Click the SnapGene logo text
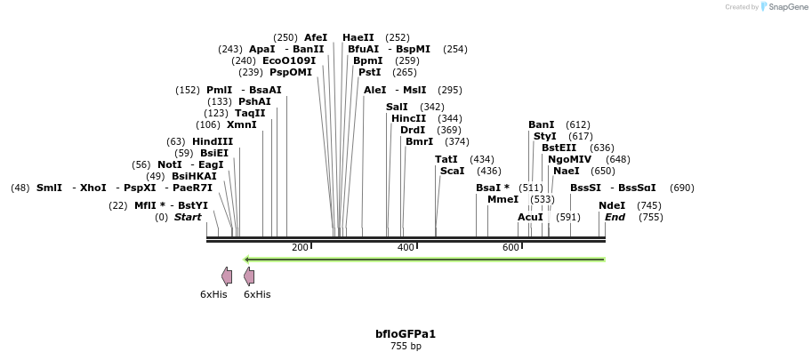click(786, 6)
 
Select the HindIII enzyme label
click(213, 142)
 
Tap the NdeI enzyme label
click(612, 205)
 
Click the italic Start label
click(188, 217)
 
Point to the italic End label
click(615, 217)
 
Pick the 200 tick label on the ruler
click(300, 247)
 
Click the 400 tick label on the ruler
click(406, 247)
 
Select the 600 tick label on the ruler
click(511, 247)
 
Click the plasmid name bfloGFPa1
click(406, 334)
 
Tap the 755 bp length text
click(406, 346)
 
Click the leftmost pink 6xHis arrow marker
click(227, 276)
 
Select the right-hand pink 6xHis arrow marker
click(249, 276)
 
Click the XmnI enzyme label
click(242, 124)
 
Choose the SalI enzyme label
click(397, 107)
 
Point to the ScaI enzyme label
click(453, 171)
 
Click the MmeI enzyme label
click(502, 199)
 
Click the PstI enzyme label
click(370, 72)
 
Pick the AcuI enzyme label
click(530, 217)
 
